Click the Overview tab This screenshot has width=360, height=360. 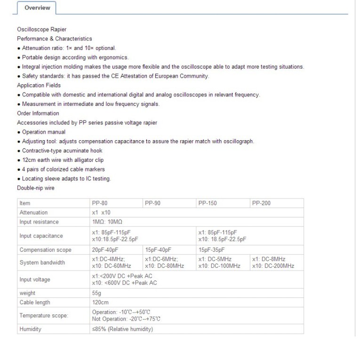(x=37, y=8)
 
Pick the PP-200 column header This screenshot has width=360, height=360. (x=262, y=203)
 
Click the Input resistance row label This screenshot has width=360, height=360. (x=39, y=222)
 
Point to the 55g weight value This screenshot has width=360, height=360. (x=97, y=293)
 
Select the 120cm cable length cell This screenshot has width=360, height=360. (x=100, y=302)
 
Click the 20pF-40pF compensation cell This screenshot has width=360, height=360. (x=105, y=249)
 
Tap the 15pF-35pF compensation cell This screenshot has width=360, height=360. (x=212, y=249)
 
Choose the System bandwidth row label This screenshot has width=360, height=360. (x=42, y=263)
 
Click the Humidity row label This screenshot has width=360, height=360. (x=30, y=329)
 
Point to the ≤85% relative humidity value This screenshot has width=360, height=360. (x=122, y=329)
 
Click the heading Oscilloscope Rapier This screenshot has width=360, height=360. (x=41, y=29)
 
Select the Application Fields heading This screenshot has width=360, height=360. (x=38, y=85)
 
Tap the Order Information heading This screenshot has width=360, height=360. (x=38, y=113)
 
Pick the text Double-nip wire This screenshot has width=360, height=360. (x=36, y=188)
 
